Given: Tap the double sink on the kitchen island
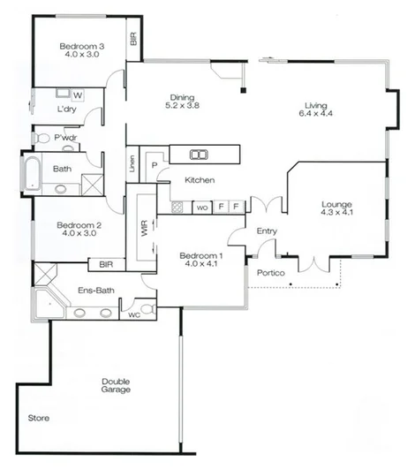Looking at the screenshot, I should click(x=200, y=155).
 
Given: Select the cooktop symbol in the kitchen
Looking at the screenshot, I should click(x=177, y=208).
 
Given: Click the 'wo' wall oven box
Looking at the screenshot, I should click(x=201, y=208).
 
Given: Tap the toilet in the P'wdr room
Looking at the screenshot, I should click(x=41, y=138).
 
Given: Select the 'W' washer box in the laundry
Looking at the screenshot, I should click(x=78, y=95).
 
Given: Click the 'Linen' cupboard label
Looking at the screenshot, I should click(x=132, y=163).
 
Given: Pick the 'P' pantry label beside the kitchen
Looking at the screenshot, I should click(x=153, y=165).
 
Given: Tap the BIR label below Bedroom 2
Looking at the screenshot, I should click(x=106, y=264).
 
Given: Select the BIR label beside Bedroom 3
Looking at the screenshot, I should click(x=133, y=39).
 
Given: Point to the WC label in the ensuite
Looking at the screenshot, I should click(x=133, y=314).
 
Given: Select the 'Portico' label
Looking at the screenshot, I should click(x=269, y=273).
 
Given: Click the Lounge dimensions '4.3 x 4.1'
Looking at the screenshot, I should click(x=336, y=213).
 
